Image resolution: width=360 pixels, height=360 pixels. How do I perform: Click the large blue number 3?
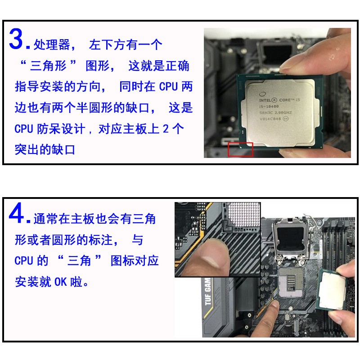click(16, 39)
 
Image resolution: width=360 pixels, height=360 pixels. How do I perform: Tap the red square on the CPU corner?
click(240, 150)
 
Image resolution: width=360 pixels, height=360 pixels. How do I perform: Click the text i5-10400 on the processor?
click(269, 107)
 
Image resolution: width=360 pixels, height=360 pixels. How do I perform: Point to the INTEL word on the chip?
click(265, 100)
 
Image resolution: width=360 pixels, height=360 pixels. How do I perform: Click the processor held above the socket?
click(332, 289)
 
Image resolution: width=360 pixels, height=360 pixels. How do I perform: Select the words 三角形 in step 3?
click(49, 66)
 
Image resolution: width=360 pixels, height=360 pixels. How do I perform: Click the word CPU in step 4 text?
click(24, 261)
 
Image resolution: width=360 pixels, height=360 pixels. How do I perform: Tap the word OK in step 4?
click(61, 282)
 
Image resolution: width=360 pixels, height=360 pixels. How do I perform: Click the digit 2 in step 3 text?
click(166, 129)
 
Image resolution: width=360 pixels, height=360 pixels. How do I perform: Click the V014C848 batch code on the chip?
click(270, 119)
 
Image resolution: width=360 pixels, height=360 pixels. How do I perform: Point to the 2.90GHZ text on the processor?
click(283, 113)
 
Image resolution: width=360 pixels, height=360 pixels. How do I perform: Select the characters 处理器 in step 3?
click(52, 45)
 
